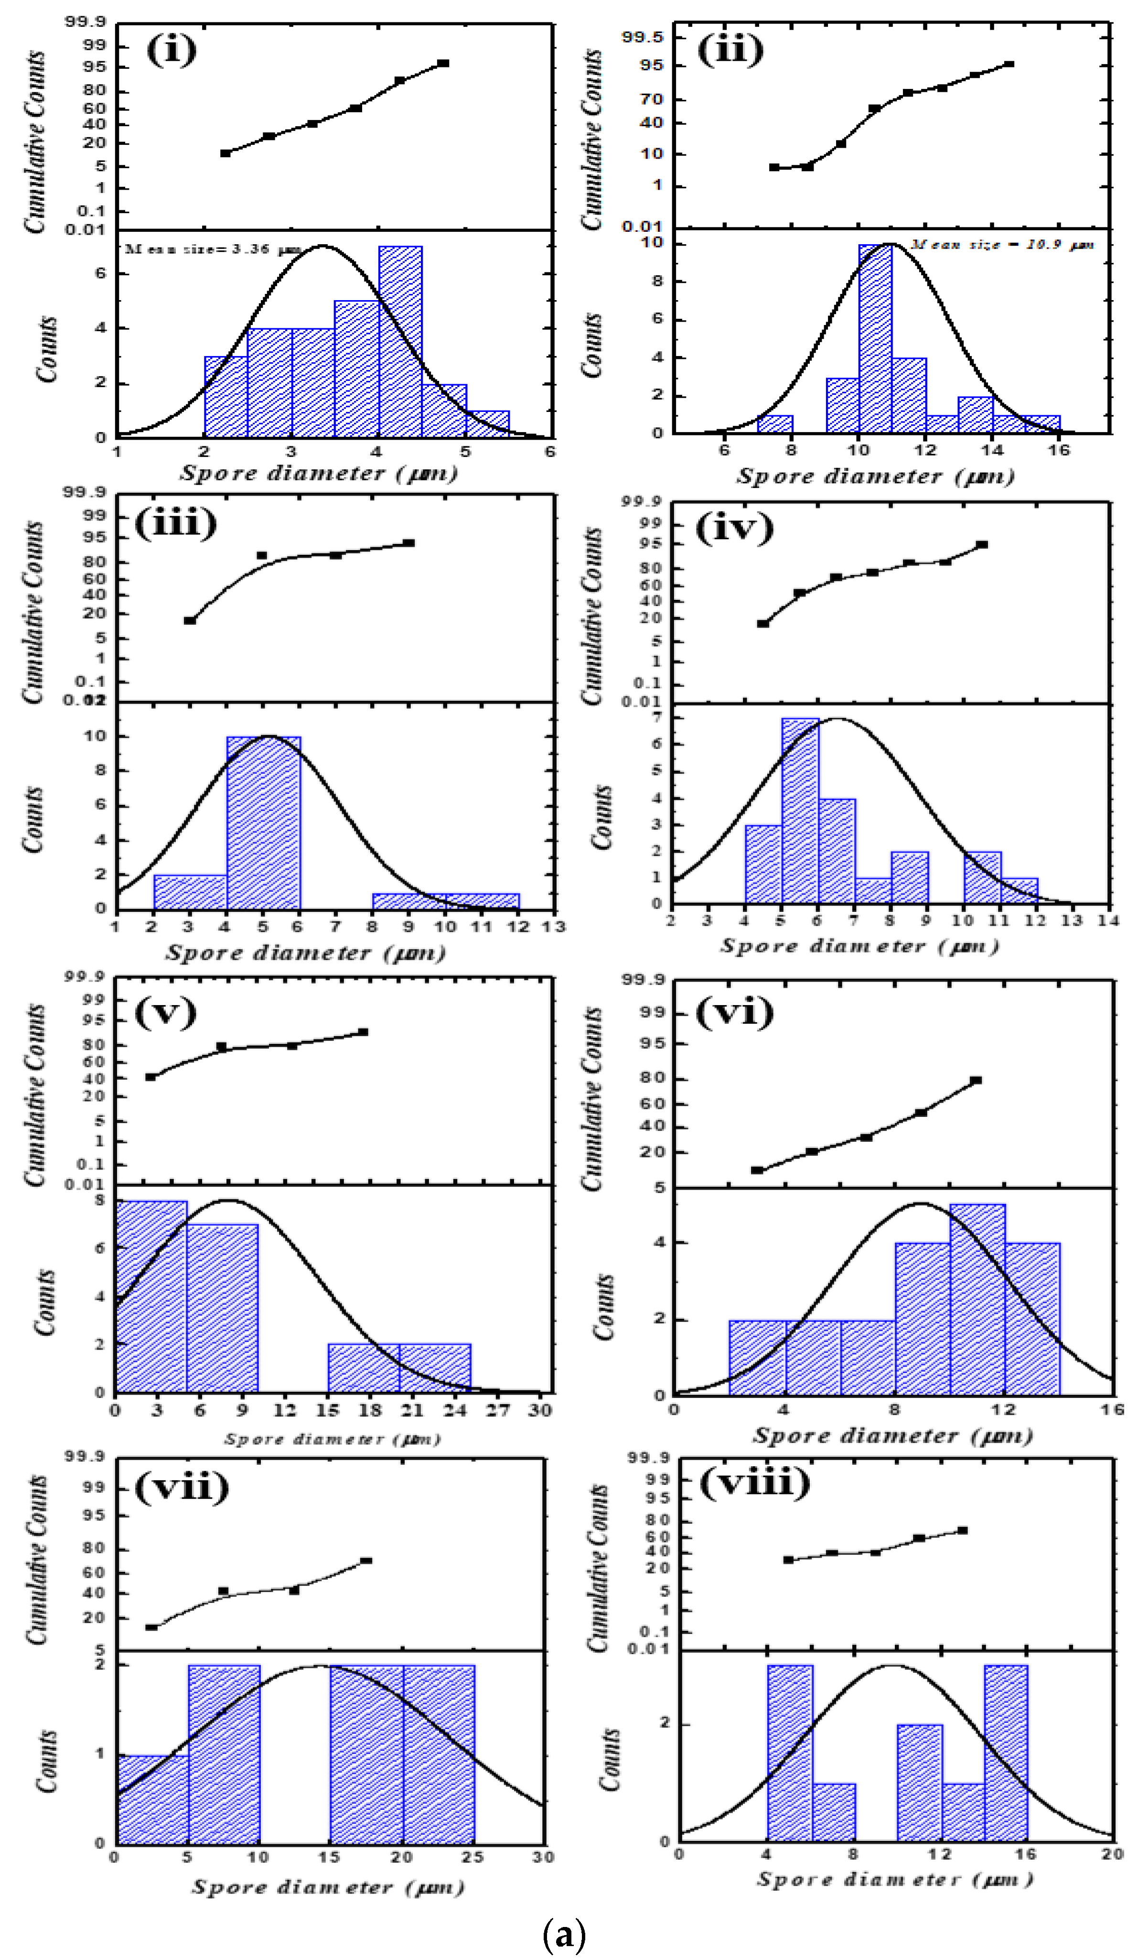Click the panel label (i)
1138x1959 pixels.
171,51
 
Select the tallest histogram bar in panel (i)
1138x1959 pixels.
400,342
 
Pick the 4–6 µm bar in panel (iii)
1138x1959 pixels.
264,823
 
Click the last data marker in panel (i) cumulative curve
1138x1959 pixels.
443,63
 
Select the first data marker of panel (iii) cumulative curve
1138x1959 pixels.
190,620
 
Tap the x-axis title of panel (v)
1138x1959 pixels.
333,1439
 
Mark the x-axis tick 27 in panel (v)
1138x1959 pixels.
497,1410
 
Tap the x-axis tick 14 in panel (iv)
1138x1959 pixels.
1108,921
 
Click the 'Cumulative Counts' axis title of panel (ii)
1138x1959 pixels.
593,140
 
